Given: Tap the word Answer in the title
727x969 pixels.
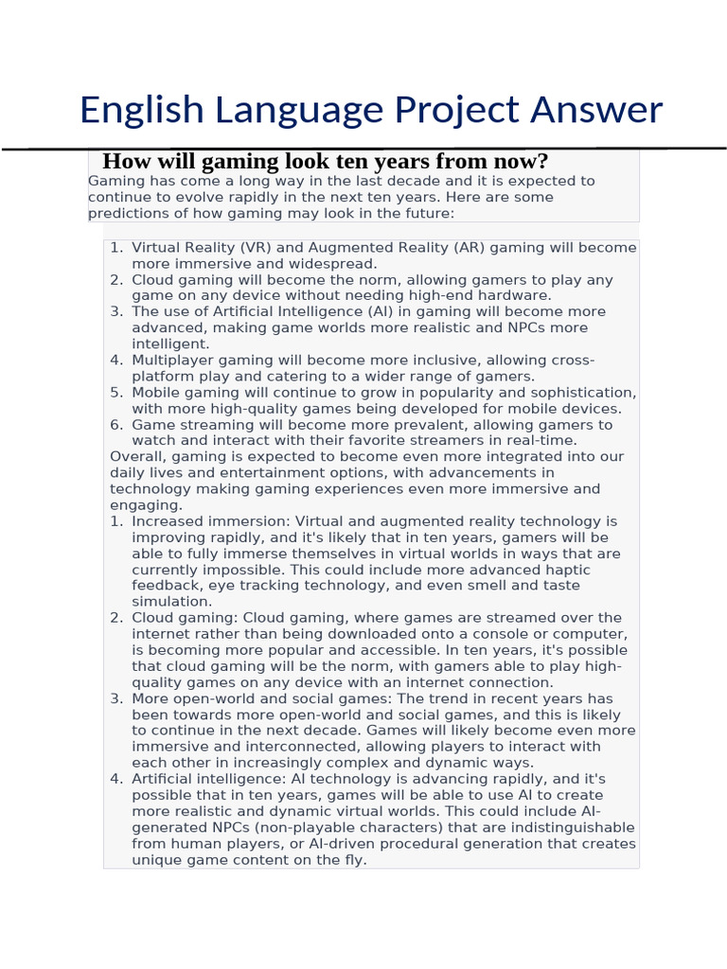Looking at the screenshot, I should (x=596, y=110).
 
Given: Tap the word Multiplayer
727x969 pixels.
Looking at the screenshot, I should (x=175, y=361).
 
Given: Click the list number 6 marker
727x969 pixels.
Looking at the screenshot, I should (x=116, y=425).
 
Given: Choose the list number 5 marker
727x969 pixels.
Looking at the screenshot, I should (x=116, y=393).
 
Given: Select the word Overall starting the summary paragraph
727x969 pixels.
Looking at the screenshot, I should (x=138, y=457).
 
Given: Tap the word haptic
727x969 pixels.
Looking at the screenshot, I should (x=567, y=571).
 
